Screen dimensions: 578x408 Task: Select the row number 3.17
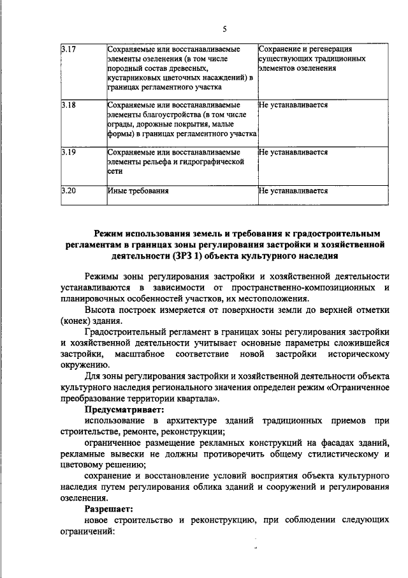(68, 49)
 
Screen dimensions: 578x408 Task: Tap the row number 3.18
(68, 103)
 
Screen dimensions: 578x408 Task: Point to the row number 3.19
(68, 153)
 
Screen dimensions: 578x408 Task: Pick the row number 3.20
(68, 190)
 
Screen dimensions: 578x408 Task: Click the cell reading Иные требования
(138, 190)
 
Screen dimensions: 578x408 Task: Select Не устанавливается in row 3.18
(293, 103)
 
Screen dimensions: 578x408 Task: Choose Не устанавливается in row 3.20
(293, 190)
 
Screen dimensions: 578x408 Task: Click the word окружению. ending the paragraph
(85, 365)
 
